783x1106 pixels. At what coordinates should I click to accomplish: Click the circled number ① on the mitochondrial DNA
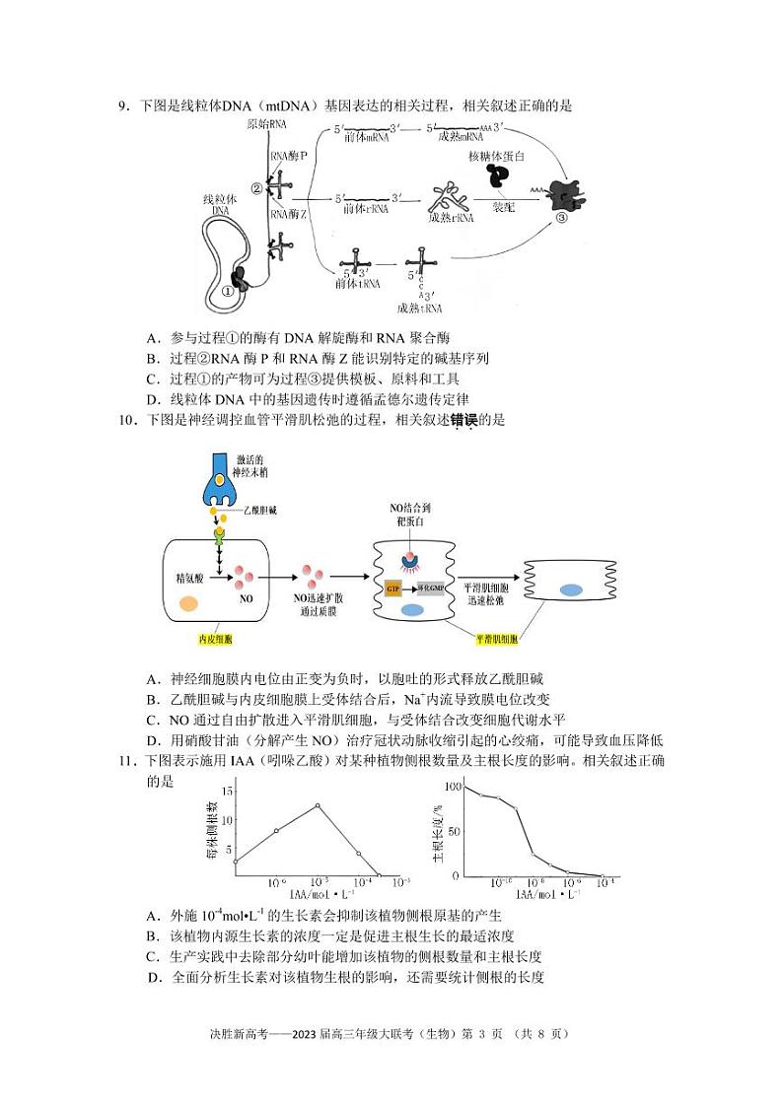pos(228,292)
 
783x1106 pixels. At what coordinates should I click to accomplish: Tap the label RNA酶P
pos(289,156)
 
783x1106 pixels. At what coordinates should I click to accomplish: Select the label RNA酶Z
pos(289,212)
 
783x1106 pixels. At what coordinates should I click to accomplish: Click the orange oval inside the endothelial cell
pos(187,604)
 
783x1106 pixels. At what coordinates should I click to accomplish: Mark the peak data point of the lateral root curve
pos(318,805)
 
